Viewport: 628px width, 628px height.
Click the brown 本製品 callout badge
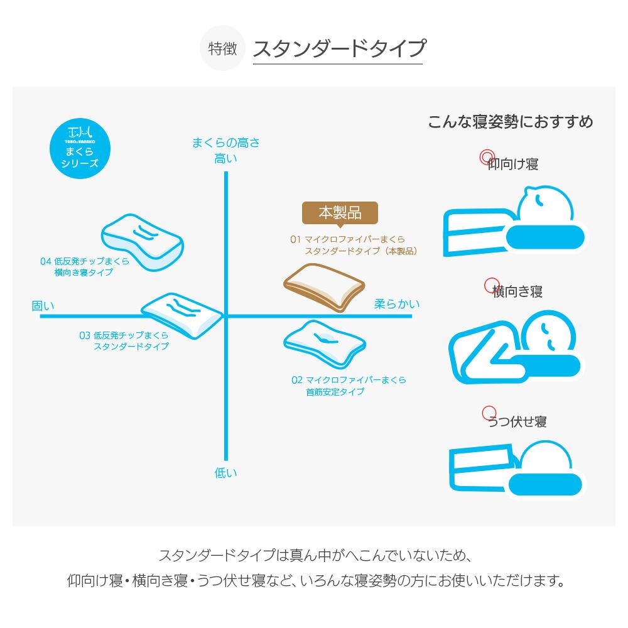click(340, 213)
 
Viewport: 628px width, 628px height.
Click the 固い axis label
click(43, 306)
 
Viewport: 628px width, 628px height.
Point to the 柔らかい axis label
click(397, 304)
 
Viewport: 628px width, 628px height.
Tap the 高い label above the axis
click(226, 158)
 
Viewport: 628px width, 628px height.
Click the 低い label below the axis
click(226, 473)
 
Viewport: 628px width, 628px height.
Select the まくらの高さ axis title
click(226, 143)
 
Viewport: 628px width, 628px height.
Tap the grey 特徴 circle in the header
click(222, 48)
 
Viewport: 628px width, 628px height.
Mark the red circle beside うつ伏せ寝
click(489, 413)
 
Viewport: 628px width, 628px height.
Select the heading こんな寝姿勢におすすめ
click(510, 121)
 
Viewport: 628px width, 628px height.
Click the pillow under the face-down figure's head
click(544, 485)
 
